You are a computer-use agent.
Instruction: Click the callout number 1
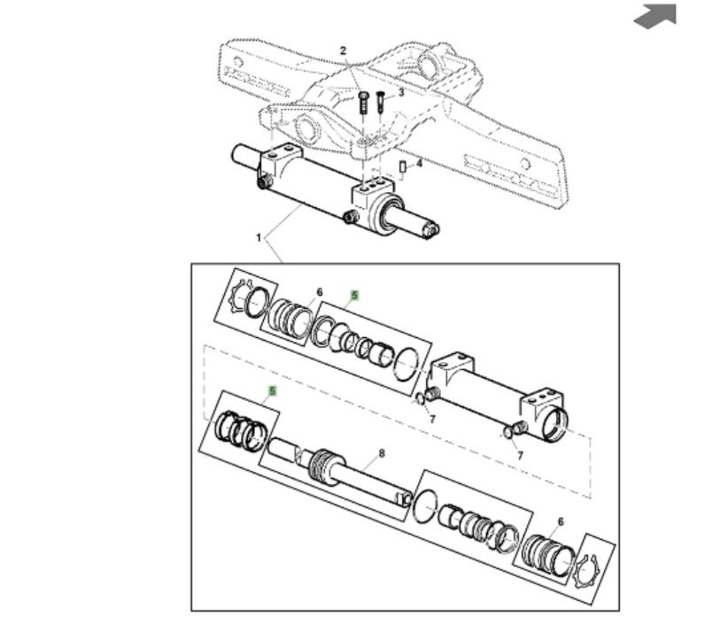click(259, 237)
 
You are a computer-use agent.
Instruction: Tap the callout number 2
click(344, 50)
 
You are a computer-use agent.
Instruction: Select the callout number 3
click(400, 93)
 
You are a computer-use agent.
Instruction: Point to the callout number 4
click(419, 163)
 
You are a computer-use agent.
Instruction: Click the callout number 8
click(382, 453)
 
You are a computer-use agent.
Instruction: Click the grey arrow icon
click(655, 16)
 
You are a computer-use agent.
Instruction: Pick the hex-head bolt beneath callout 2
click(363, 104)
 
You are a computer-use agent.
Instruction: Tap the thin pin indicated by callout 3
click(381, 104)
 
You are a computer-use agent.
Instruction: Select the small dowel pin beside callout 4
click(402, 166)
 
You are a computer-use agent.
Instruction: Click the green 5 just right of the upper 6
click(354, 296)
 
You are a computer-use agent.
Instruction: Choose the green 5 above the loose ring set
click(273, 391)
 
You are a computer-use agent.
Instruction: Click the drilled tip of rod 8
click(405, 499)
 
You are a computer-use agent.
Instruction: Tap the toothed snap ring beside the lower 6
click(587, 572)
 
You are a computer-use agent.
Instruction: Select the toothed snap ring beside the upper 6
click(240, 296)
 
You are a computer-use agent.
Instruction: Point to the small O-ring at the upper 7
click(421, 399)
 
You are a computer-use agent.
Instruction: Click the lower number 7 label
click(520, 455)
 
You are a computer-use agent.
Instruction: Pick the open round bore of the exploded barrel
click(555, 423)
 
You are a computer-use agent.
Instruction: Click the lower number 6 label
click(560, 521)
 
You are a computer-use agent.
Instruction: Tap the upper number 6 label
click(320, 292)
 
